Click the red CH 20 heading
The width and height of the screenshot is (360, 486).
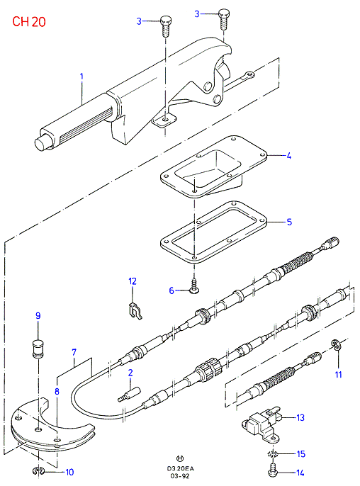click(29, 22)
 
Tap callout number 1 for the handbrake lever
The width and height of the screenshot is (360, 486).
click(82, 77)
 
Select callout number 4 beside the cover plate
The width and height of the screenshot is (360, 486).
click(288, 156)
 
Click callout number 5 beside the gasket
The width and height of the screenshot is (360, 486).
click(289, 222)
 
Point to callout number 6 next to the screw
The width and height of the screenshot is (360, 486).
click(171, 290)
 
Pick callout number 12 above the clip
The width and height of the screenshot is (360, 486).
click(133, 281)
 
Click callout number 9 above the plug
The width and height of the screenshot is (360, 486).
click(38, 315)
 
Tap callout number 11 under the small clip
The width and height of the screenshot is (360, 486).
click(338, 374)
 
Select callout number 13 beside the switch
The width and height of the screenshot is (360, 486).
click(300, 417)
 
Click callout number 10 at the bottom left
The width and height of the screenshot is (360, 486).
click(69, 472)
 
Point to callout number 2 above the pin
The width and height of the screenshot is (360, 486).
click(130, 373)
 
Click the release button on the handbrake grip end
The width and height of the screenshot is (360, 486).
click(41, 143)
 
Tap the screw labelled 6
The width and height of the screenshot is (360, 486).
click(194, 286)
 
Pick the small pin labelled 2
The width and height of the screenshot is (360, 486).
click(129, 394)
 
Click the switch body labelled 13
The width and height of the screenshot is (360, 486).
click(262, 424)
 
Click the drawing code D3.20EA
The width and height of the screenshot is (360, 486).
click(180, 469)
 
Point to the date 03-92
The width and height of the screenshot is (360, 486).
click(180, 476)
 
